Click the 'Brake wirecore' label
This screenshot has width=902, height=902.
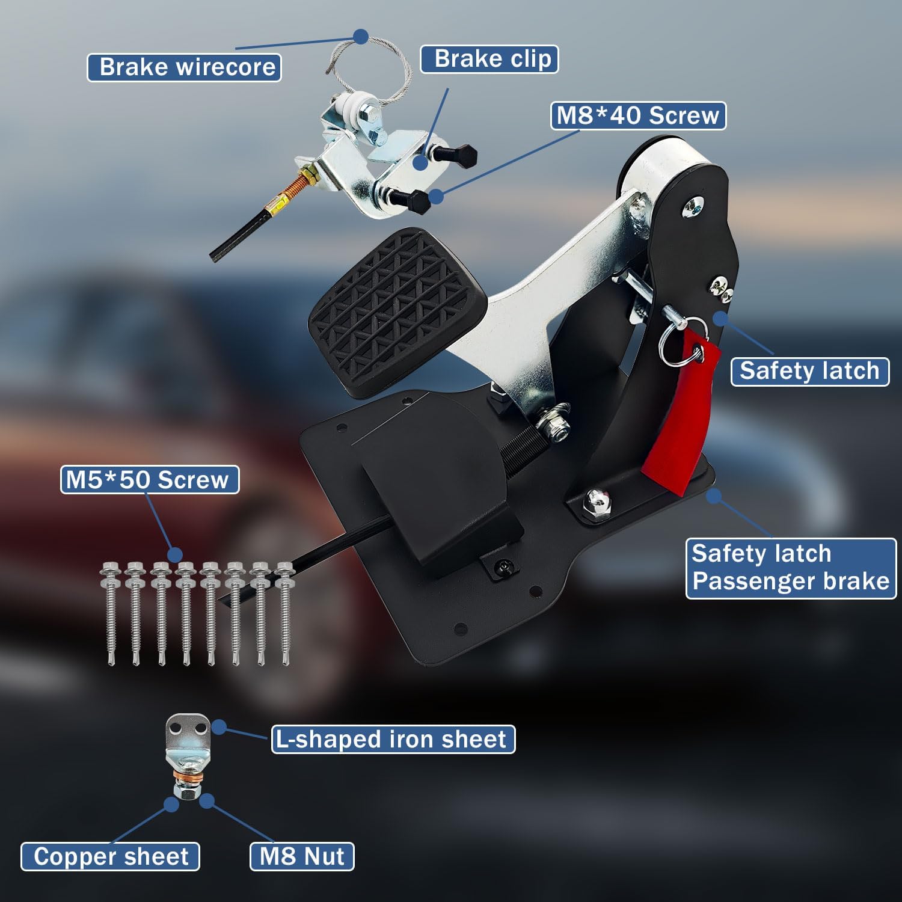[184, 67]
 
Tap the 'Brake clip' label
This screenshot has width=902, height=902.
[489, 59]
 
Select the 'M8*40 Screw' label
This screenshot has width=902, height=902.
[638, 115]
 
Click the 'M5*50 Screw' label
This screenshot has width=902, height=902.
[150, 480]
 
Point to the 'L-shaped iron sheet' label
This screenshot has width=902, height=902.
[393, 739]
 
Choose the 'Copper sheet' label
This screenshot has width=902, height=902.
[111, 856]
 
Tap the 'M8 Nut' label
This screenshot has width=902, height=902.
[302, 856]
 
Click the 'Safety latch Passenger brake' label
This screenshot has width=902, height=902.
[791, 568]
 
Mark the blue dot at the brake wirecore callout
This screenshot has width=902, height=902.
[361, 37]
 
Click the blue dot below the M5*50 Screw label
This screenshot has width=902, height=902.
[175, 554]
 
